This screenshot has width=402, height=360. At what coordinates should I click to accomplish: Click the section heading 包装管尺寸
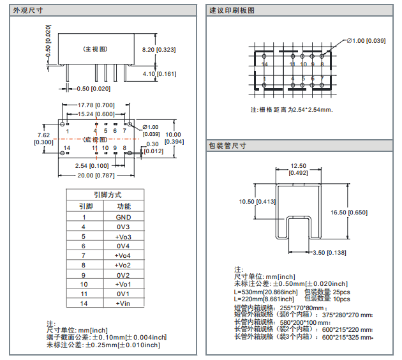pyautogui.click(x=227, y=146)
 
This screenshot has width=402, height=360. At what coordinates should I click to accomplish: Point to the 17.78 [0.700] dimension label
pyautogui.click(x=96, y=105)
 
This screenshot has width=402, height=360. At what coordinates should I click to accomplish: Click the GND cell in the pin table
pyautogui.click(x=123, y=217)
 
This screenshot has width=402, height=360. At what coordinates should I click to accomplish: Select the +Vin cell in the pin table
pyautogui.click(x=123, y=303)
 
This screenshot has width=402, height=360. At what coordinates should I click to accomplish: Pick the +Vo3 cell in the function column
pyautogui.click(x=123, y=236)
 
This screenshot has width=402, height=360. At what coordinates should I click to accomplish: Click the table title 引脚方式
pyautogui.click(x=107, y=195)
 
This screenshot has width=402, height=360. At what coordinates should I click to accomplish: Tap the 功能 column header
pyautogui.click(x=123, y=206)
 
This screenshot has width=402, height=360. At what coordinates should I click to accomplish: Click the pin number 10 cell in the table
pyautogui.click(x=83, y=284)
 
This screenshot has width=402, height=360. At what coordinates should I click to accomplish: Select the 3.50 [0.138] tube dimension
pyautogui.click(x=329, y=253)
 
